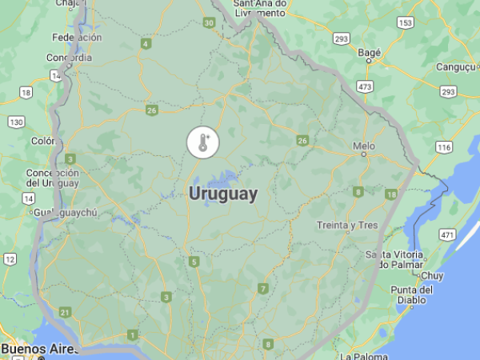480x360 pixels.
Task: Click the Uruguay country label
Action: pos(223,194)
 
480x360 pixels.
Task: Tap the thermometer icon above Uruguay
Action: pos(202,143)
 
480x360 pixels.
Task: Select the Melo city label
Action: pos(364,146)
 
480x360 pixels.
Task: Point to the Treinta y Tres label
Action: pos(346,225)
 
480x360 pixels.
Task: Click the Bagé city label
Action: pos(369,53)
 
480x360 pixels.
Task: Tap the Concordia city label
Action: pos(69,58)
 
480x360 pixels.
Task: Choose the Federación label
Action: pos(77,38)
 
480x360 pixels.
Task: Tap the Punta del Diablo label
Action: pos(412,295)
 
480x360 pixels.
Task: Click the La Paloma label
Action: pos(363,355)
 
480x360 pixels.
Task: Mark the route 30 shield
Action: pos(209,23)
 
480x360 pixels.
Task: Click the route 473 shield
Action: pos(366,86)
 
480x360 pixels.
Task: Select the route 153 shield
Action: pos(406,23)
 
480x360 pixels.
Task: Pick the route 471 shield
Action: pos(446,235)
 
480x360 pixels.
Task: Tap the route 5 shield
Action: pos(194,262)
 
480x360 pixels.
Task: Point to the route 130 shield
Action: pos(16,122)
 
